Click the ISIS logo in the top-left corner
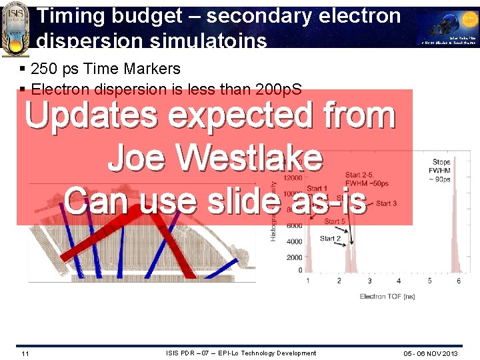(x=16, y=27)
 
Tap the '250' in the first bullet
(x=45, y=69)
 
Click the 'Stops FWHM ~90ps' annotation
(x=441, y=169)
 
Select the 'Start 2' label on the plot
(x=331, y=238)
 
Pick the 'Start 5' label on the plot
(x=335, y=221)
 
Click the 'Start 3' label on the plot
(x=386, y=203)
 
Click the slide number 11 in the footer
(x=25, y=353)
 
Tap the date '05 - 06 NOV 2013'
(x=431, y=353)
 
